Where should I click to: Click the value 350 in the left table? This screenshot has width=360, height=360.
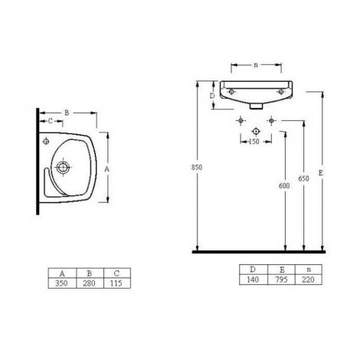61,283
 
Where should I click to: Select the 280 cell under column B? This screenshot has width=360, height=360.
89,283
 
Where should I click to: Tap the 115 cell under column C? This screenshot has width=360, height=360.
116,283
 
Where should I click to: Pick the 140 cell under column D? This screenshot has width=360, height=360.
253,280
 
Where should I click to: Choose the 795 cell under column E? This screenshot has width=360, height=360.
281,280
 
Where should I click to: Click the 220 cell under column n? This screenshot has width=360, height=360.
308,280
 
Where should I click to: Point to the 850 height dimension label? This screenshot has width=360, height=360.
197,167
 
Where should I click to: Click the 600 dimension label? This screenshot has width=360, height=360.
284,185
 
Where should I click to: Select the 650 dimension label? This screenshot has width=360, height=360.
303,178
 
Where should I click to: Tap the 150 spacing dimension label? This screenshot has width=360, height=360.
254,141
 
